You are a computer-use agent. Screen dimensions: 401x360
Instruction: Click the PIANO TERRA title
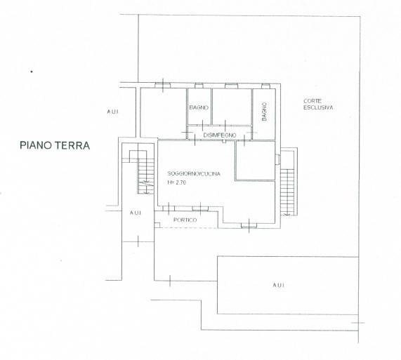[x=55, y=145]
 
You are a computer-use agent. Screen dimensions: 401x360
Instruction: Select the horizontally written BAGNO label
[x=199, y=107]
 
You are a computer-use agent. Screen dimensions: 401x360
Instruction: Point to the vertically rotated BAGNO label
[x=264, y=112]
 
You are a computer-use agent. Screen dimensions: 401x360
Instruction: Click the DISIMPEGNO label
[x=220, y=135]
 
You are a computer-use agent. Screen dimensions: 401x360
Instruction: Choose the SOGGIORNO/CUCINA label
[x=194, y=173]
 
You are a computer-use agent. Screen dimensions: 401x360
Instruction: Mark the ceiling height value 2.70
[x=180, y=182]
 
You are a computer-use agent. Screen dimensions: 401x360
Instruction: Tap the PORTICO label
[x=185, y=220]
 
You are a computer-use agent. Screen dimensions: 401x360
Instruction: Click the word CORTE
[x=313, y=101]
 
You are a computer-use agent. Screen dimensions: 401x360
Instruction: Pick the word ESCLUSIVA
[x=318, y=107]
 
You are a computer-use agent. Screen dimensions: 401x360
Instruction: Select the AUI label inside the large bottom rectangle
[x=279, y=285]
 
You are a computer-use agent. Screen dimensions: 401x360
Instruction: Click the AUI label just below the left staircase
[x=136, y=213]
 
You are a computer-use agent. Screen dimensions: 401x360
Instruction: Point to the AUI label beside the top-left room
[x=112, y=112]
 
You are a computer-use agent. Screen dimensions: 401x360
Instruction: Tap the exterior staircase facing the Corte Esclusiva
[x=287, y=192]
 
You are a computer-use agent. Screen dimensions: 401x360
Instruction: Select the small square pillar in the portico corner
[x=157, y=225]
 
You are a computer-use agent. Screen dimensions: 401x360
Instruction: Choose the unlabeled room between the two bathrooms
[x=232, y=107]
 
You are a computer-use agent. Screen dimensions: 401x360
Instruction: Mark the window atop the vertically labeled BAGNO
[x=265, y=86]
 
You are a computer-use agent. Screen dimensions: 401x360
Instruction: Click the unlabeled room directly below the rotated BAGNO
[x=255, y=161]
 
